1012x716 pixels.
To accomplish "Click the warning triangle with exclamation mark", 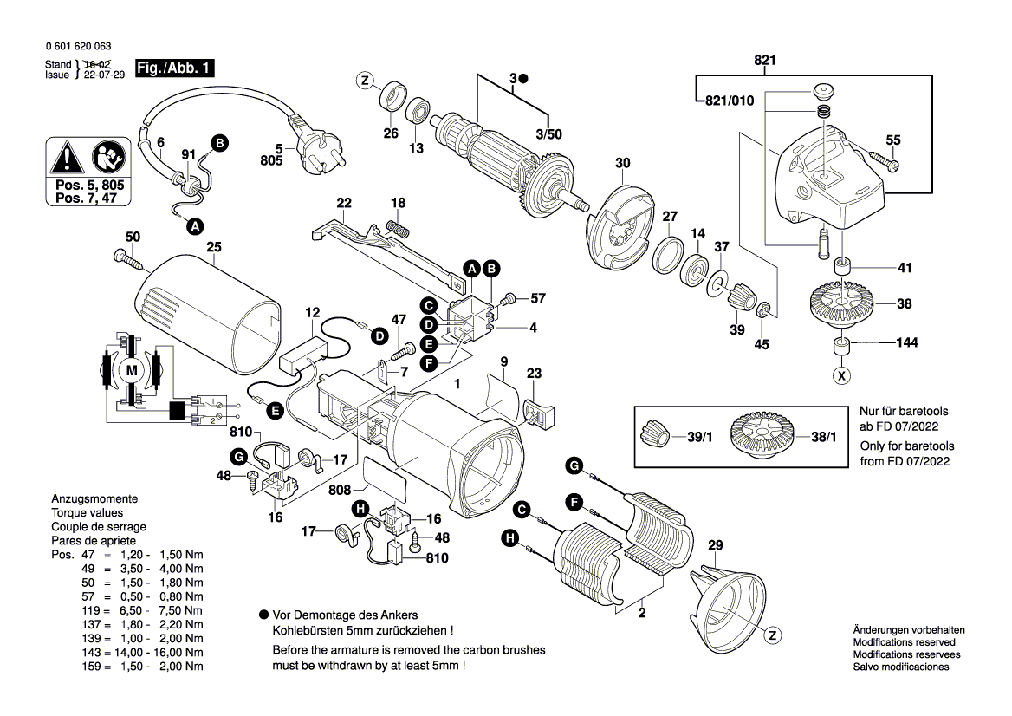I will pos(65,159).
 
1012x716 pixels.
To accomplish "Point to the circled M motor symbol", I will pos(133,371).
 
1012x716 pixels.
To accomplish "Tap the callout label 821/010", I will pos(730,101).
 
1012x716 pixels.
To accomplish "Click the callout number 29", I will pos(715,545).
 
